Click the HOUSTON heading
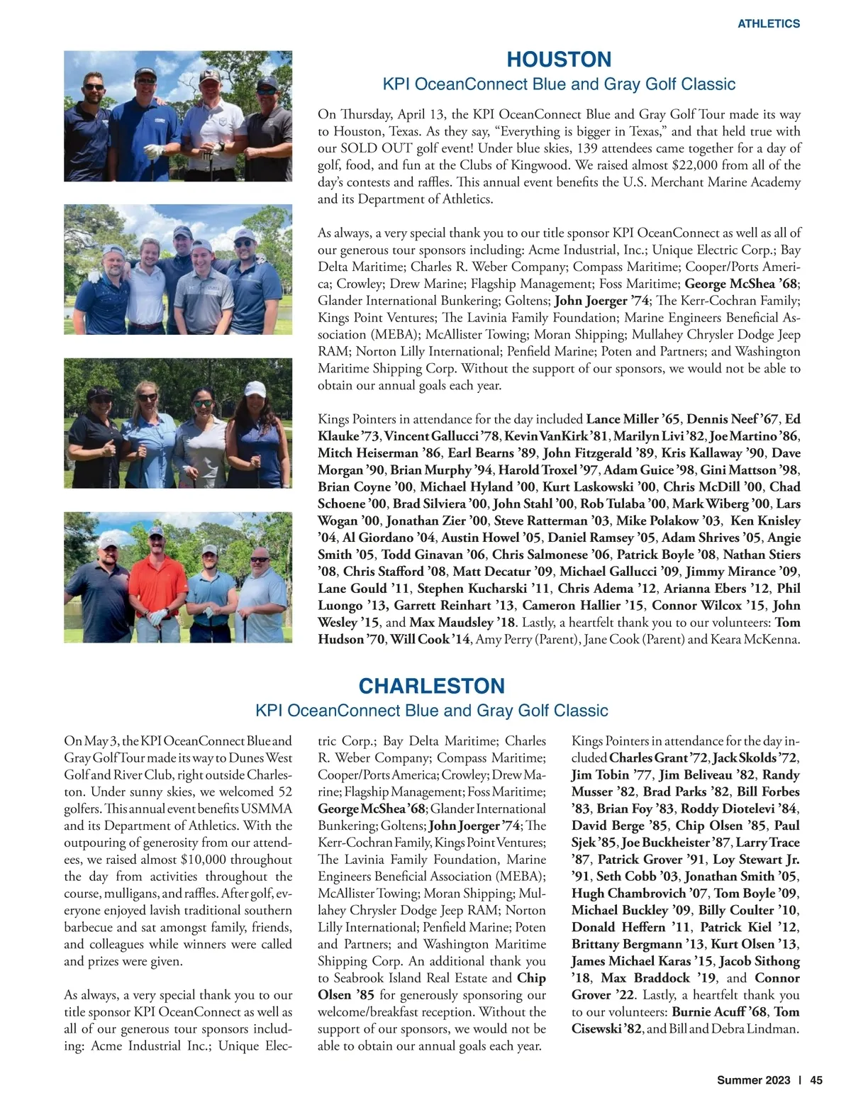559,60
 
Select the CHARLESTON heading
431,686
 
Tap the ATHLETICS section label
769,23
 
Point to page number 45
816,1081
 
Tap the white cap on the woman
254,389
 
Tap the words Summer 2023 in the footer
753,1081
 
